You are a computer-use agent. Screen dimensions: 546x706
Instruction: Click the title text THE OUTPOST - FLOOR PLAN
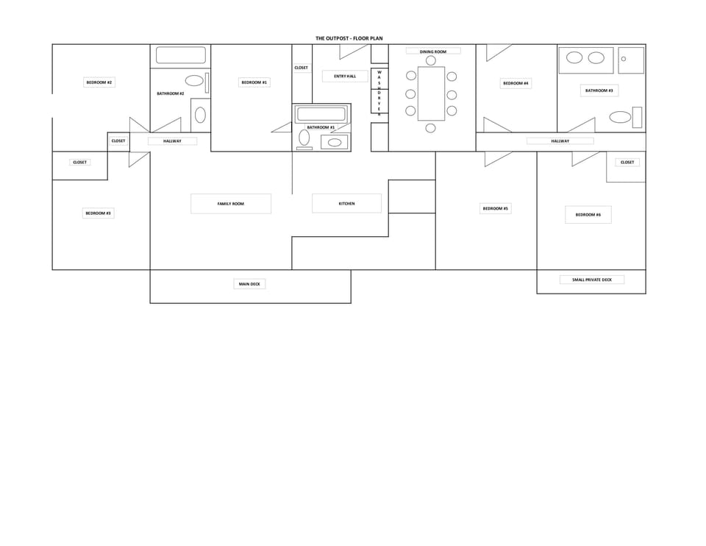pos(349,38)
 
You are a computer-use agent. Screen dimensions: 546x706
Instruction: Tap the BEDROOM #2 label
pos(99,82)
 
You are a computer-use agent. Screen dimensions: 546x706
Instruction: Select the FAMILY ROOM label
pos(230,204)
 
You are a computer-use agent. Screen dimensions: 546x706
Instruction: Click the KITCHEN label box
pos(346,204)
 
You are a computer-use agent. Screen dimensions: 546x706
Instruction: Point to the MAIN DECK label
pos(249,284)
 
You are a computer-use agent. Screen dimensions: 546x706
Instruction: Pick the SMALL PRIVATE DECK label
pos(591,280)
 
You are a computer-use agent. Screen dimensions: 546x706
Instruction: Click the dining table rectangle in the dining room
pos(431,93)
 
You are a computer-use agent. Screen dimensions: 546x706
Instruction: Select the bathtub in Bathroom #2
pos(181,55)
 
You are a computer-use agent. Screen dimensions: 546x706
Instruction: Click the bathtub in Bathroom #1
pos(321,114)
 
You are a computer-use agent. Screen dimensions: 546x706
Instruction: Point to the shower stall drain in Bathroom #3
pos(623,59)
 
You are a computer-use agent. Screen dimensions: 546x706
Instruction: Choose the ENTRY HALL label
pos(345,77)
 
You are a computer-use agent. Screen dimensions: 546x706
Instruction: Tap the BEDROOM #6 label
pos(588,215)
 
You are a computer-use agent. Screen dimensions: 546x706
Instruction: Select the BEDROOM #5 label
pos(496,209)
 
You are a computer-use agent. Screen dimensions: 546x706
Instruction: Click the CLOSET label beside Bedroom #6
pos(627,163)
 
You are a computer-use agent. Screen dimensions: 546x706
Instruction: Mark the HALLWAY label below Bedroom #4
pos(560,141)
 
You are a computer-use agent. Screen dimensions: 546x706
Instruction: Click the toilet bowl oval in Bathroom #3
pos(621,117)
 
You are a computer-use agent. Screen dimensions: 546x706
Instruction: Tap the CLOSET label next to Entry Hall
pos(302,68)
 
